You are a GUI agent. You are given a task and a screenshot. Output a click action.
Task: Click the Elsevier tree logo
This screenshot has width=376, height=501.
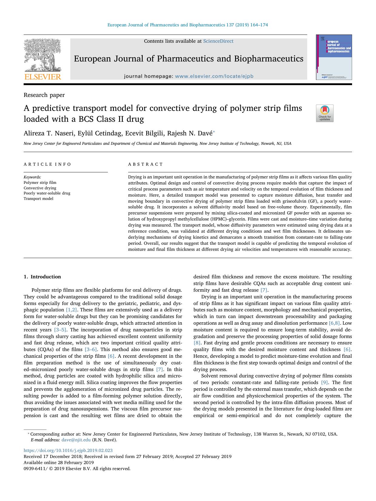pyautogui.click(x=42, y=55)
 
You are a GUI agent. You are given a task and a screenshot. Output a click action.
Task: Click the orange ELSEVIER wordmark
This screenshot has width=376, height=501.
pyautogui.click(x=42, y=77)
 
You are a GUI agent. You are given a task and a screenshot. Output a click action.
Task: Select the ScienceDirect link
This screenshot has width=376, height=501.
pyautogui.click(x=218, y=41)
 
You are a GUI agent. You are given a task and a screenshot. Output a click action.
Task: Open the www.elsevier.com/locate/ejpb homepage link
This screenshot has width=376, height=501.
pyautogui.click(x=214, y=76)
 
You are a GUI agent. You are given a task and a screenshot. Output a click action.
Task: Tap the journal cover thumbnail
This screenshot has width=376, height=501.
pyautogui.click(x=334, y=57)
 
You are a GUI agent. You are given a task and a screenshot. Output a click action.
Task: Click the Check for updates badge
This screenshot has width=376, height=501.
pyautogui.click(x=324, y=113)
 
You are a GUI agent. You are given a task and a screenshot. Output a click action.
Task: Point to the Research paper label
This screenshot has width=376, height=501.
pyautogui.click(x=44, y=95)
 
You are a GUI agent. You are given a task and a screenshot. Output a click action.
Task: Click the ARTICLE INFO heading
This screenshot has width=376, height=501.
pyautogui.click(x=48, y=164)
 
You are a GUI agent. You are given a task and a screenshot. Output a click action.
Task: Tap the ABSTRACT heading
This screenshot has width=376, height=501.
pyautogui.click(x=145, y=164)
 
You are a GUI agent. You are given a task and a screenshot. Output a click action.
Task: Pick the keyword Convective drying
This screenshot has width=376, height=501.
pyautogui.click(x=40, y=188)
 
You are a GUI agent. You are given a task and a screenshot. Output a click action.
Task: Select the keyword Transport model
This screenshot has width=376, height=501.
pyautogui.click(x=38, y=199)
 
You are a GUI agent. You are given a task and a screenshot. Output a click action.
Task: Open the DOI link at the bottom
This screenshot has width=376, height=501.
pyautogui.click(x=68, y=450)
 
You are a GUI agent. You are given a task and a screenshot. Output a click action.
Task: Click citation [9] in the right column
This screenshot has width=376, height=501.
pyautogui.click(x=324, y=383)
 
